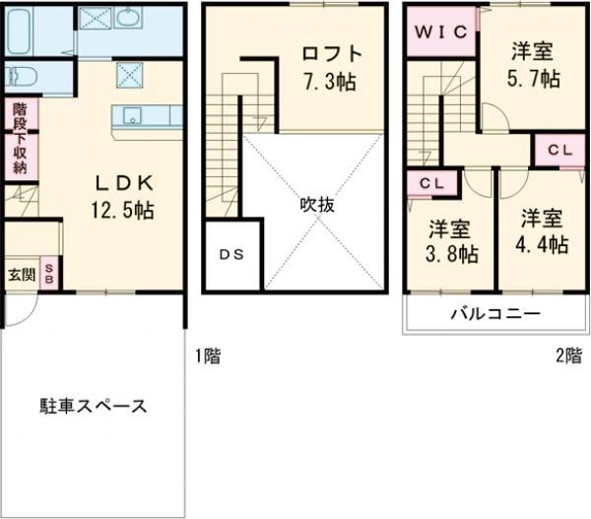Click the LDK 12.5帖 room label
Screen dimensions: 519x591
[x=124, y=195]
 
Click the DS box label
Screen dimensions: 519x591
[x=233, y=254]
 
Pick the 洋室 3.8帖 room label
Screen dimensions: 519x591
[x=452, y=242]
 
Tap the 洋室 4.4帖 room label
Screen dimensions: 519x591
[x=543, y=230]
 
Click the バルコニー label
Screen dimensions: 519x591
[x=495, y=315]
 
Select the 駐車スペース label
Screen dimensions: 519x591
[x=94, y=405]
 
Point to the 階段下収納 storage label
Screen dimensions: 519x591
[x=20, y=139]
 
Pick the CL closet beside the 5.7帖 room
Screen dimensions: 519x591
[x=558, y=151]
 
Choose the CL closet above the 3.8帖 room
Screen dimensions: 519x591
[x=431, y=183]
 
